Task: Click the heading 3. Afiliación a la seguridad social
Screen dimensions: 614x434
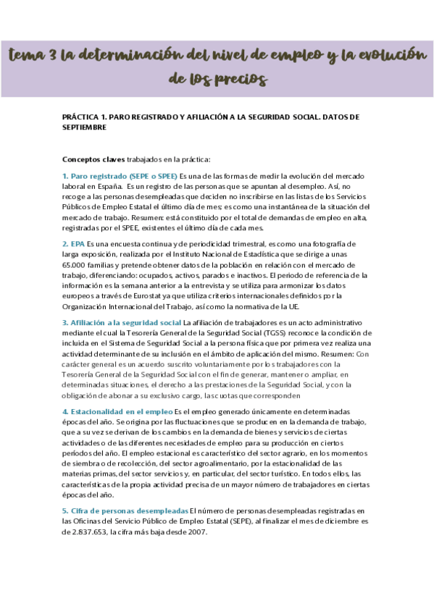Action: click(x=122, y=323)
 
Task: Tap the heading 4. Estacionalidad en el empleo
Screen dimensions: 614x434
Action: click(x=117, y=411)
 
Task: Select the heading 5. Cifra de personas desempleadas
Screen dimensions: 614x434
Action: click(x=125, y=510)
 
